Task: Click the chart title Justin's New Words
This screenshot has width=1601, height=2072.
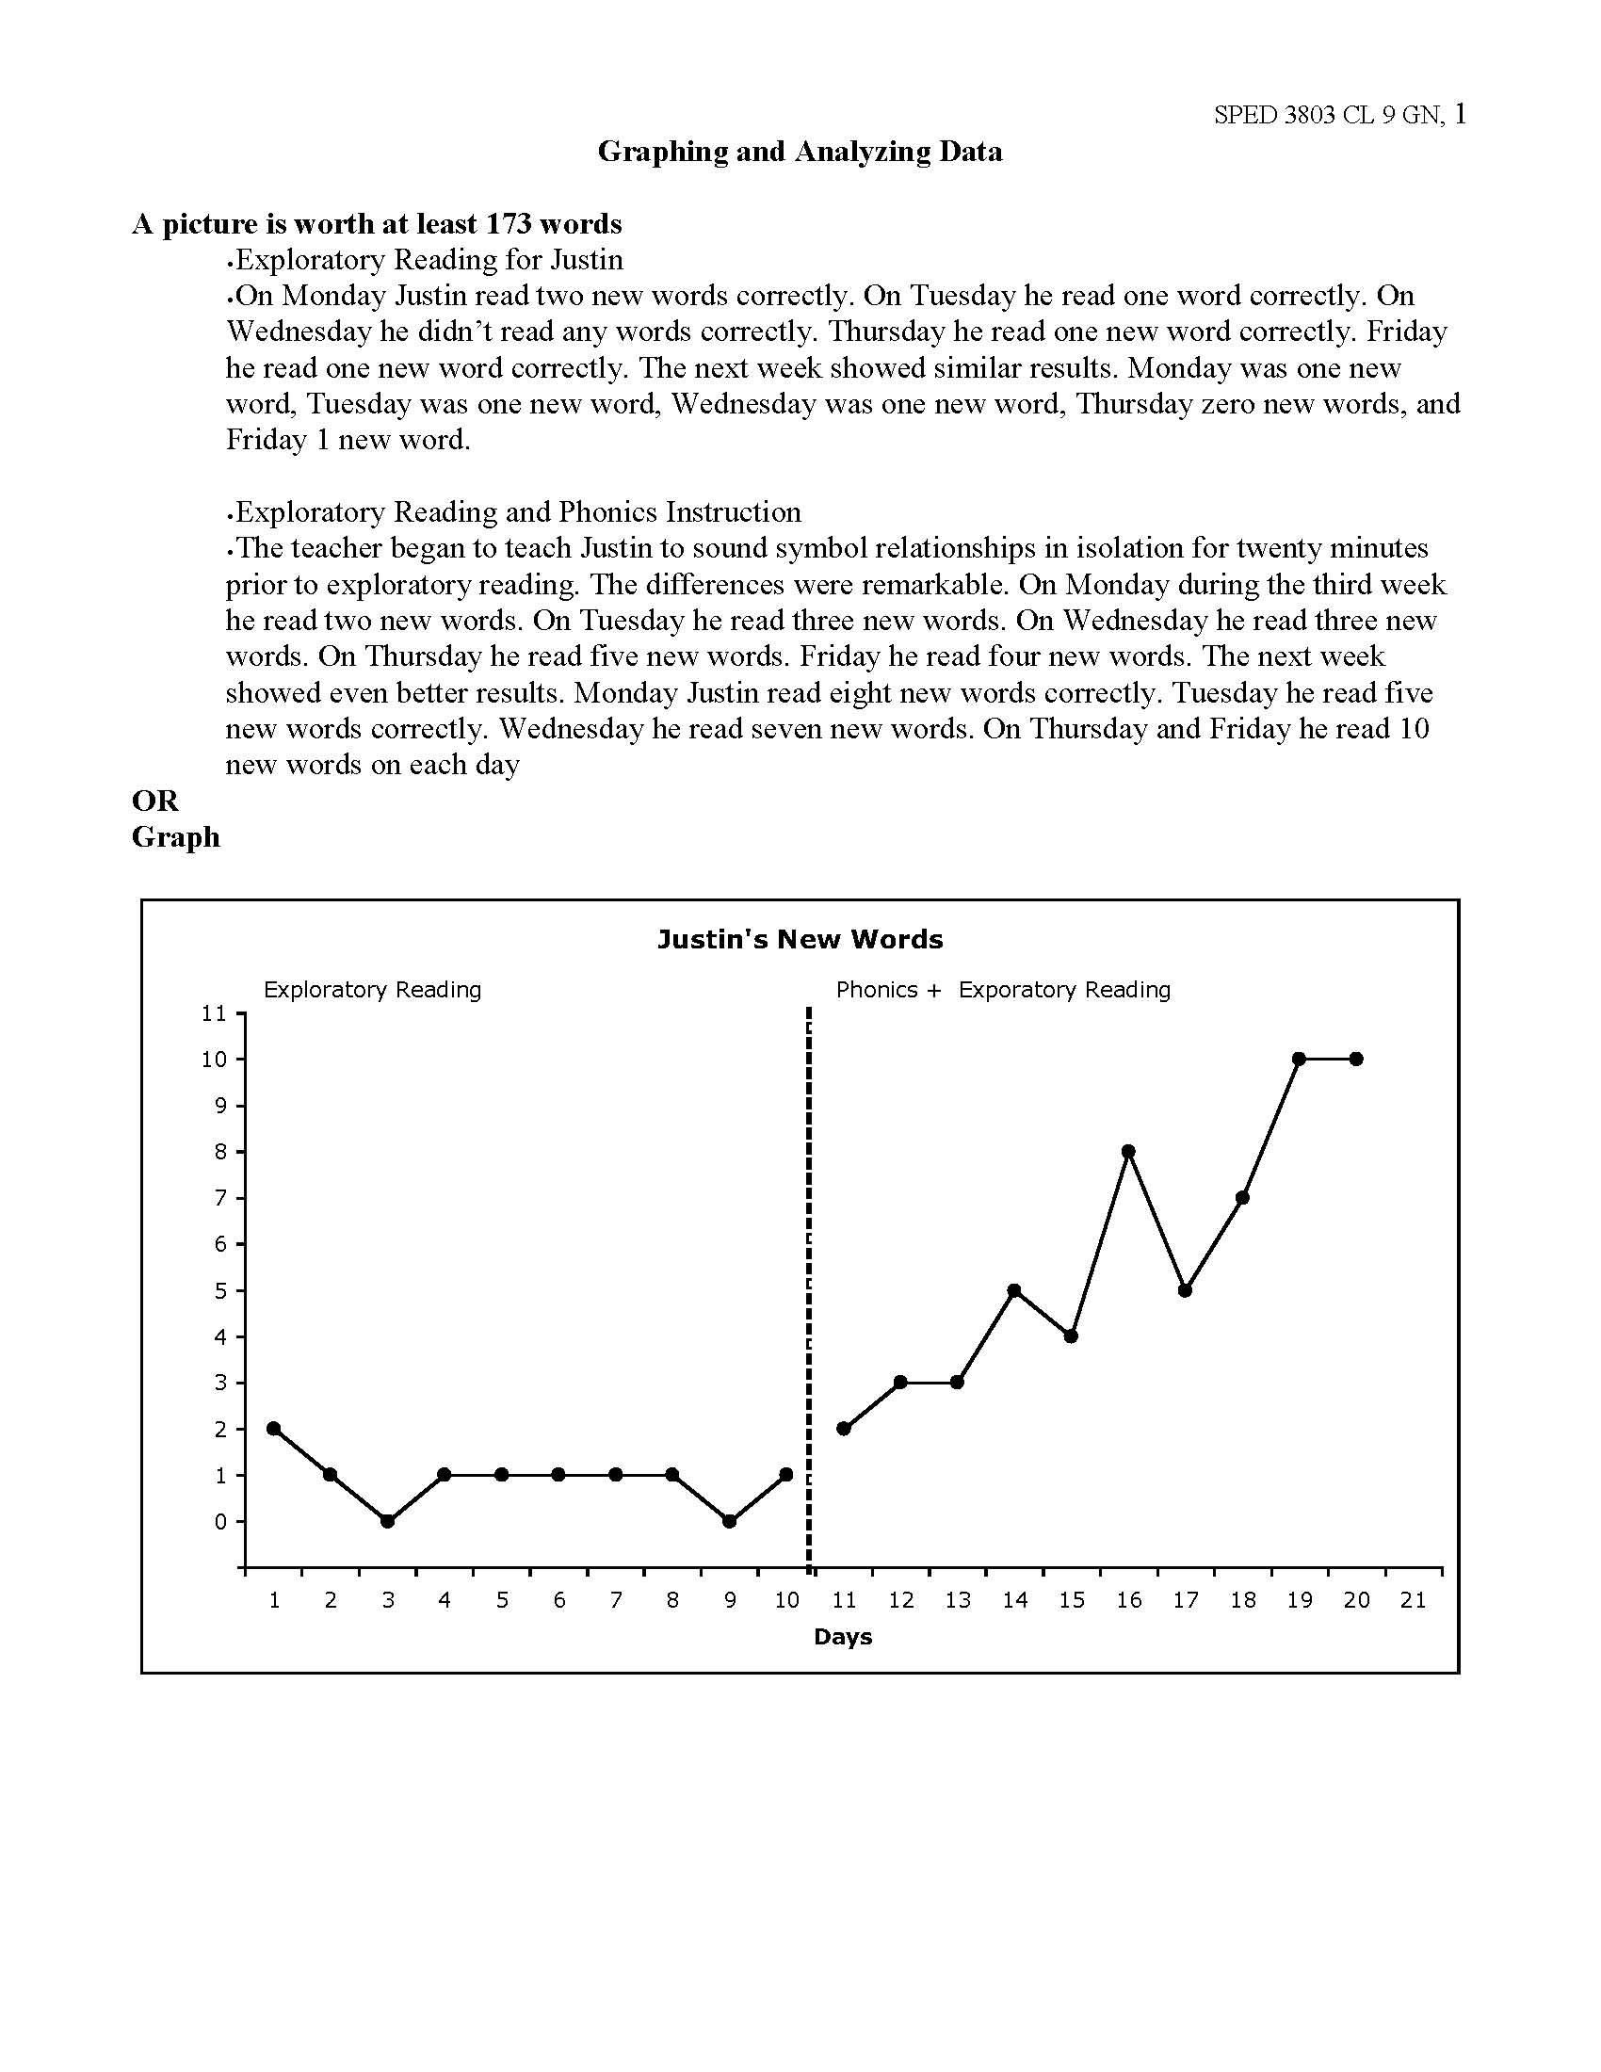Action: (800, 939)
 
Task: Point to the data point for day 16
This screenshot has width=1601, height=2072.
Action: (1127, 1151)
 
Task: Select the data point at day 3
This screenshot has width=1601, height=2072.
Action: (387, 1521)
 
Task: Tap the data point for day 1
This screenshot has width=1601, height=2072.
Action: (274, 1428)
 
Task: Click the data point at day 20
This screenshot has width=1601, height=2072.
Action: (1355, 1059)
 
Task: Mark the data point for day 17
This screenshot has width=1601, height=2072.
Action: (1185, 1290)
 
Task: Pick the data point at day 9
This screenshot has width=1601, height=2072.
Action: (729, 1521)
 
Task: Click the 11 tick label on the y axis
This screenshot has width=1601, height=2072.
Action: (215, 1013)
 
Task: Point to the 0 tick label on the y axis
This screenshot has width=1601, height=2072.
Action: (220, 1522)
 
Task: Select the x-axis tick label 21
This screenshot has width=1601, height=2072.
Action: (1413, 1600)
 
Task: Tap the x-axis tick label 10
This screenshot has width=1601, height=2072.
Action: (786, 1600)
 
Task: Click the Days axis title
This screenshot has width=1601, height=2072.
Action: (842, 1637)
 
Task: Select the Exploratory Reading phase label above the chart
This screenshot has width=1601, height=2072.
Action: (372, 990)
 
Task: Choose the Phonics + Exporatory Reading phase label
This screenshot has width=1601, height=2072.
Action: (1003, 990)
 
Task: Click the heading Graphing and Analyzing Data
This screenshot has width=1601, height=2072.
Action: (800, 151)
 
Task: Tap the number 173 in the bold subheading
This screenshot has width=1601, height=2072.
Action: (508, 224)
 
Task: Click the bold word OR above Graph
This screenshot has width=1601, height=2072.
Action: (154, 801)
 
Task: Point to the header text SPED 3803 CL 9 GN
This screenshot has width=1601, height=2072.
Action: (1329, 115)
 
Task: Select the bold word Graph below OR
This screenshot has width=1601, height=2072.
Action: (175, 836)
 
